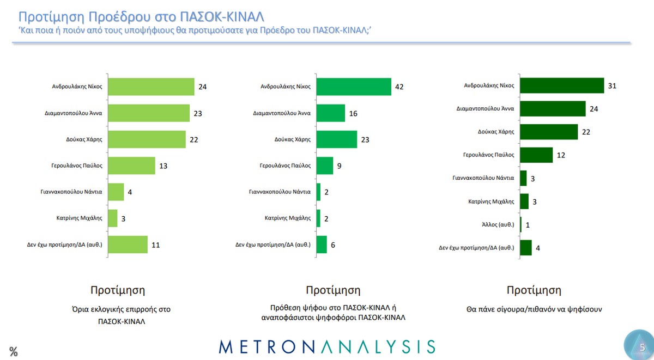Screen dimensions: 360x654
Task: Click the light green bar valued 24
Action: click(x=151, y=87)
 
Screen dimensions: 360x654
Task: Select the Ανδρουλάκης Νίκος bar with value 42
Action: click(x=354, y=87)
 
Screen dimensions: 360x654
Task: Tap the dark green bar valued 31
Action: click(x=562, y=86)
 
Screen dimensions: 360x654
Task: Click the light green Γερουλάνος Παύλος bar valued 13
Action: click(x=131, y=166)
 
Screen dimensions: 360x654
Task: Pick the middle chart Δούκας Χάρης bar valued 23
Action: click(x=336, y=139)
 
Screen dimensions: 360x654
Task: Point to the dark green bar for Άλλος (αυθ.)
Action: click(x=521, y=224)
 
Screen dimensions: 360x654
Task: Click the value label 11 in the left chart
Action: click(x=155, y=245)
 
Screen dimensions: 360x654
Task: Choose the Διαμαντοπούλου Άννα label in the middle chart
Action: click(x=282, y=113)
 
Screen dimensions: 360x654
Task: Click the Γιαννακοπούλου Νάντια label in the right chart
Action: click(x=483, y=178)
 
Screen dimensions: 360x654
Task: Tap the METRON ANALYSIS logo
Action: click(x=327, y=346)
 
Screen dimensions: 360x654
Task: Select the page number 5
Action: click(x=642, y=347)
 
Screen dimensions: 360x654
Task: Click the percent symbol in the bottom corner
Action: click(x=14, y=352)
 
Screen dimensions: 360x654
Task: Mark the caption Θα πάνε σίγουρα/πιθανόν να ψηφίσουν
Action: click(x=534, y=309)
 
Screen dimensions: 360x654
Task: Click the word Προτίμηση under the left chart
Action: click(x=118, y=290)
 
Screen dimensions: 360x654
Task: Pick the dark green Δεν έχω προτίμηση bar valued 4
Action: click(x=526, y=248)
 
